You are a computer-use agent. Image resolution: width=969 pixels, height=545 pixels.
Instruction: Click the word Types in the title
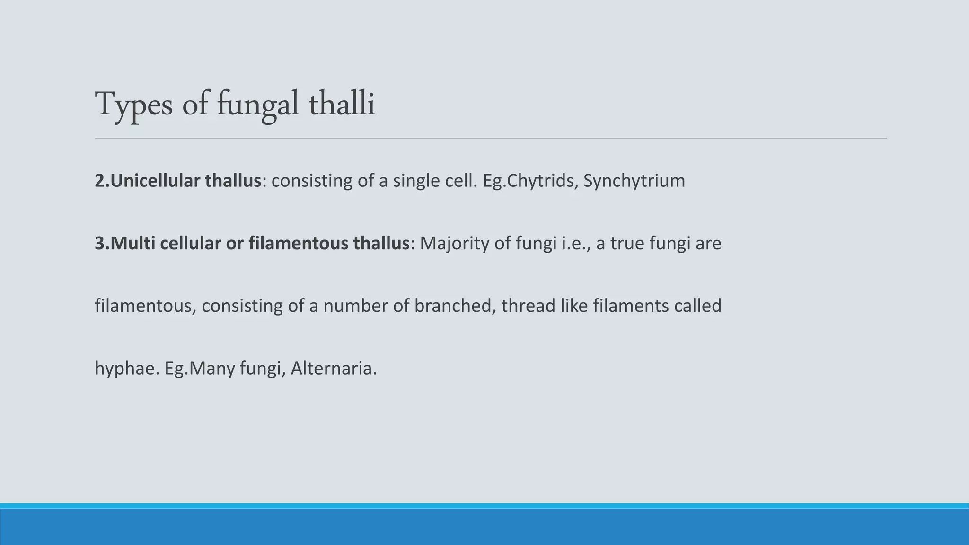(134, 105)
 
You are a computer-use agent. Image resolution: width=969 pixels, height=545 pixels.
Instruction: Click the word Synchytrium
(634, 181)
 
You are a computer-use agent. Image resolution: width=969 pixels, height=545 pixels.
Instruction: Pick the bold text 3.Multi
(125, 243)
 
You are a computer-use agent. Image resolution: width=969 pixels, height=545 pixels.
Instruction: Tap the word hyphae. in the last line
(127, 369)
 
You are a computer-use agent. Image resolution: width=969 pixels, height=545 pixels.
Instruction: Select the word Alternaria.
(334, 369)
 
